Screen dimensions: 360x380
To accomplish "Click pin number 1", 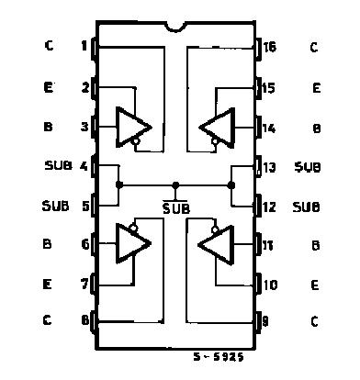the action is coord(84,46).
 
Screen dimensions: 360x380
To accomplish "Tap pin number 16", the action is coord(269,46).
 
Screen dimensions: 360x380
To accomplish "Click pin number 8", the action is coord(84,320).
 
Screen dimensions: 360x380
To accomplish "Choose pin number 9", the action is coord(267,320).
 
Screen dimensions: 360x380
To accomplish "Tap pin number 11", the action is coord(268,245).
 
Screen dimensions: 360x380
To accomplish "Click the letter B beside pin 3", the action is coord(48,128).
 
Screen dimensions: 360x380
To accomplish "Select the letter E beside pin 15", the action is coord(315,88).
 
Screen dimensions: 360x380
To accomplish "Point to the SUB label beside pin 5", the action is coord(54,206).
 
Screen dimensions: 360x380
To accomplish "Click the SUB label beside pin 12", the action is coord(306,207).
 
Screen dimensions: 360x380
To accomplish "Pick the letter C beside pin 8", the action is coord(48,320).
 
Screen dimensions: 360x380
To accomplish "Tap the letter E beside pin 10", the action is coord(314,285).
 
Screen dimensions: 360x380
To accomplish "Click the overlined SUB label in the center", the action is coord(174,207).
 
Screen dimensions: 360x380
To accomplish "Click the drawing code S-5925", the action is coord(219,357).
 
